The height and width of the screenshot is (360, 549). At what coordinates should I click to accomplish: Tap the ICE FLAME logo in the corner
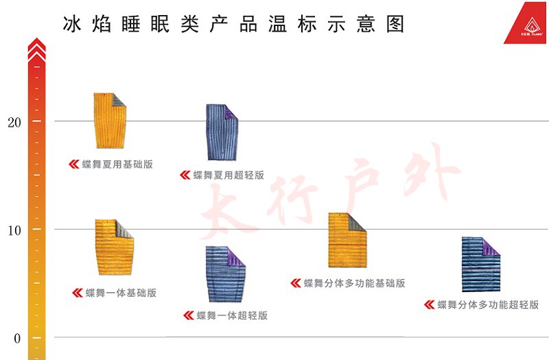tap(526, 27)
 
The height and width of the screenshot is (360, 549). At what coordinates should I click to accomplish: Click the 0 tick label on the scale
tap(17, 338)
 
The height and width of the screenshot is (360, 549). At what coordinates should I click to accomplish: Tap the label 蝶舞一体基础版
tap(121, 293)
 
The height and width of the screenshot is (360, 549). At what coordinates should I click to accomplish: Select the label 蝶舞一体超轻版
tap(232, 315)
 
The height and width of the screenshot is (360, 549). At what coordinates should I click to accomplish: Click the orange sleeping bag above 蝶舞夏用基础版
tap(110, 120)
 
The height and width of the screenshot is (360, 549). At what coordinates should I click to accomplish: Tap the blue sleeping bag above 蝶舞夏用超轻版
tap(222, 132)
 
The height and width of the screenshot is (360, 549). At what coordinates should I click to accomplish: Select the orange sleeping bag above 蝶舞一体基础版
tap(113, 246)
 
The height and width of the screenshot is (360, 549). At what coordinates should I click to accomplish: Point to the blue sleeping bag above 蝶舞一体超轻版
tap(225, 273)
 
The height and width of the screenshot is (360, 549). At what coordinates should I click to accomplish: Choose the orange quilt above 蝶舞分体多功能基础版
tap(347, 239)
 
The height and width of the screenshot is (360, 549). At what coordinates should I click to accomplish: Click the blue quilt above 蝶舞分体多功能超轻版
tap(480, 264)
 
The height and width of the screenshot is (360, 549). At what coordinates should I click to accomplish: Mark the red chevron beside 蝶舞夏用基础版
tap(74, 165)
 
